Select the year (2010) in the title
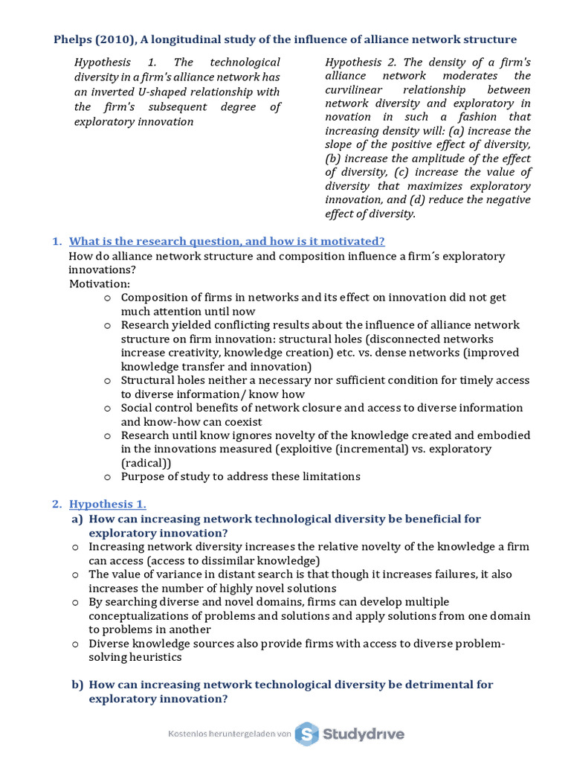[x=113, y=39]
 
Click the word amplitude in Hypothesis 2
[x=433, y=159]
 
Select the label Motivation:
[x=99, y=284]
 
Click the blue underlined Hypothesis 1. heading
[x=112, y=504]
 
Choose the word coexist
[x=240, y=422]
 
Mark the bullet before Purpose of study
[x=107, y=477]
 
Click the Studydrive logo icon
[x=306, y=734]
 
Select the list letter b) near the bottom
[x=77, y=684]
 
